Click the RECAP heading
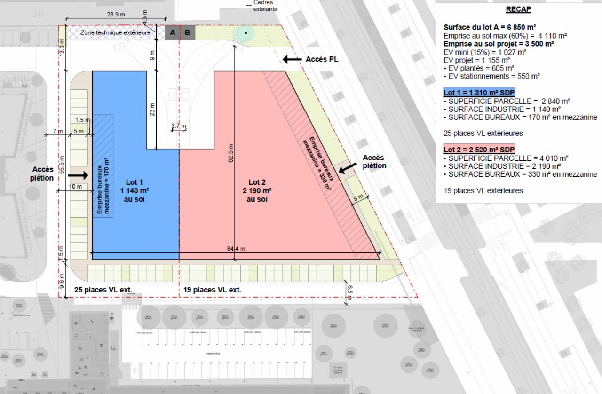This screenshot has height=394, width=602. click(x=518, y=9)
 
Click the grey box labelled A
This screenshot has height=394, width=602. click(x=172, y=33)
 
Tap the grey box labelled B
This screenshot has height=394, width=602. click(x=187, y=33)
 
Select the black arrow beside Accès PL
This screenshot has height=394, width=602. click(x=292, y=60)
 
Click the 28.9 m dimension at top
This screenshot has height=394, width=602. click(x=116, y=15)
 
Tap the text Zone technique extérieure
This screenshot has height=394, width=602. click(x=115, y=33)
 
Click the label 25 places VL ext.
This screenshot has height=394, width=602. click(x=103, y=290)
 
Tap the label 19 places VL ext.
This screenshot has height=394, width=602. click(x=212, y=290)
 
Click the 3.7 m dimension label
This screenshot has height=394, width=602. click(x=179, y=126)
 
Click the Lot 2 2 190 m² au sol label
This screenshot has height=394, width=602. click(x=257, y=190)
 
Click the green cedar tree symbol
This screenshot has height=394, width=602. click(x=242, y=32)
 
